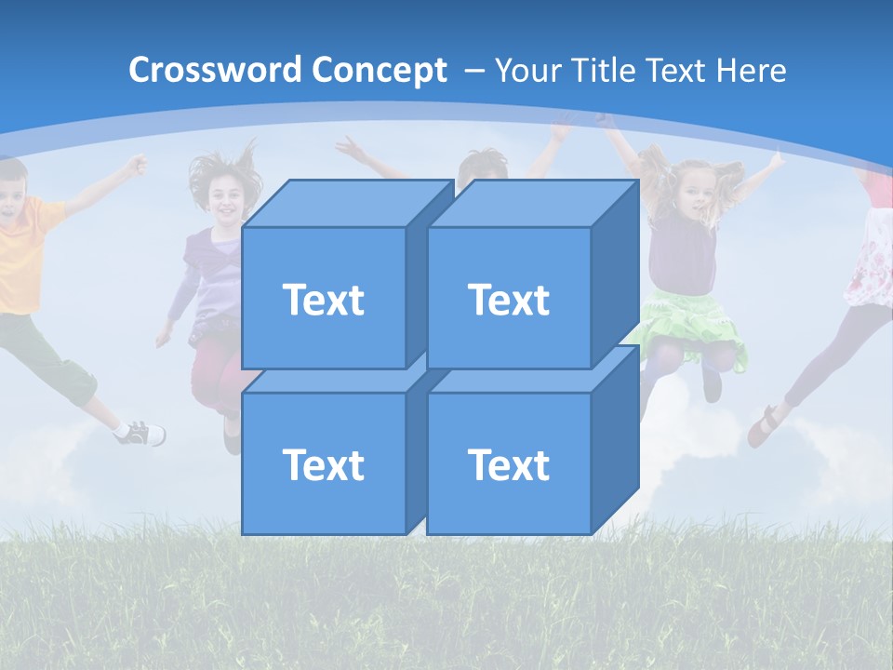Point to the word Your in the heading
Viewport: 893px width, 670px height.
[525, 71]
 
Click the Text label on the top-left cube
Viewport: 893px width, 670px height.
[323, 300]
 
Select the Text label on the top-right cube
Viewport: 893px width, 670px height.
[508, 300]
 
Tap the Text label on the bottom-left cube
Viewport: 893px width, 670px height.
[323, 464]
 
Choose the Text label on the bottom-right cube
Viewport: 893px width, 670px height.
[508, 464]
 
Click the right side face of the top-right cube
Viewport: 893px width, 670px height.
[615, 275]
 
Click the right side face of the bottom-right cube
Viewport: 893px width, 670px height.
[615, 439]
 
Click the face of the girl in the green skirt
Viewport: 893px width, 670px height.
[695, 192]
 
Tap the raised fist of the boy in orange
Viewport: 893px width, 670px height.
[137, 166]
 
